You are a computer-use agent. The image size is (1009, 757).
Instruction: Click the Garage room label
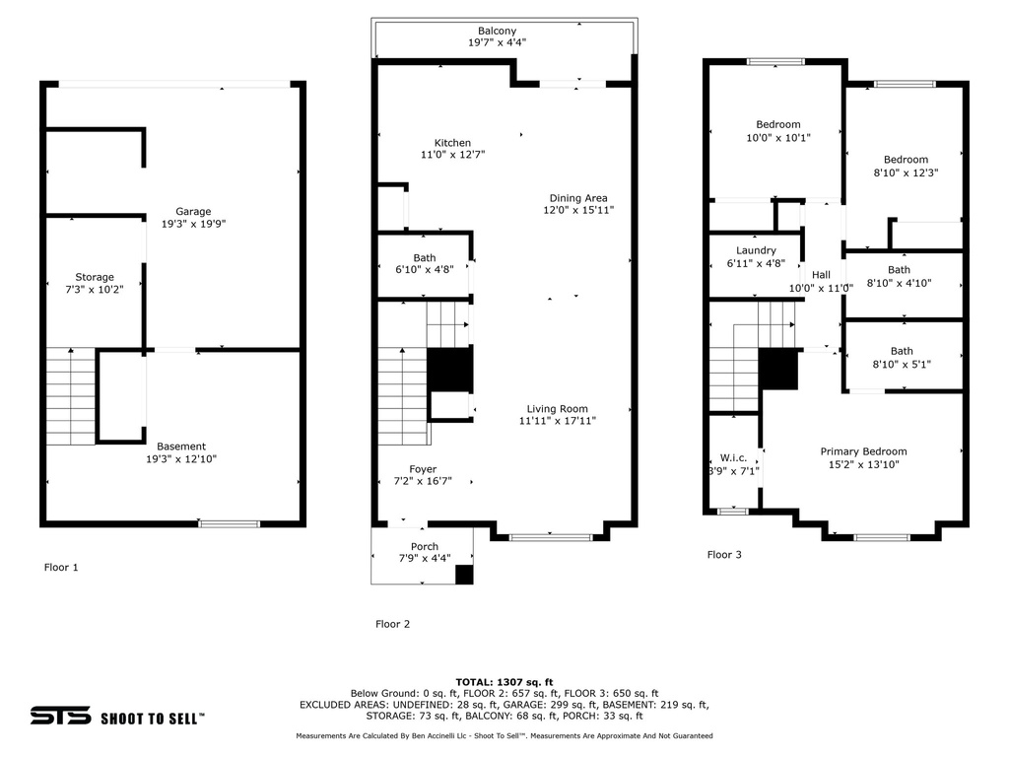[x=193, y=212]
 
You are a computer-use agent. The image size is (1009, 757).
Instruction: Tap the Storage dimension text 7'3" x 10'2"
[x=95, y=290]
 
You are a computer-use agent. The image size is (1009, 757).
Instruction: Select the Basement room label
[x=181, y=447]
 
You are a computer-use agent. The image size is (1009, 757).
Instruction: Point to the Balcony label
[x=497, y=32]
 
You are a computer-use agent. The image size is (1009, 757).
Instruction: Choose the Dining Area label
[x=578, y=198]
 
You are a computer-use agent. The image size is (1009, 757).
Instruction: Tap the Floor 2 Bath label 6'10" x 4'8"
[x=425, y=258]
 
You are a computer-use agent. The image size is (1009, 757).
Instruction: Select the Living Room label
[x=557, y=409]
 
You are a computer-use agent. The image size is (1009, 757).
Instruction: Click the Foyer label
[x=423, y=469]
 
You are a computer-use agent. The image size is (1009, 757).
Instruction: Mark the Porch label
[x=425, y=547]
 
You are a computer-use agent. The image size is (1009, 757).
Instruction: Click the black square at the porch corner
[x=464, y=574]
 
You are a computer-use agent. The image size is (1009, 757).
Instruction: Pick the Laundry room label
[x=756, y=250]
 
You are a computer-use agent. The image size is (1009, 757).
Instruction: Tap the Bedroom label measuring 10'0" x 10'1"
[x=777, y=125]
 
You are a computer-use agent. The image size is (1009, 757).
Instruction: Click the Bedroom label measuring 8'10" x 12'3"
[x=905, y=160]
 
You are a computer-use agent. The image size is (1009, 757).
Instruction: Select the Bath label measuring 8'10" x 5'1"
[x=902, y=351]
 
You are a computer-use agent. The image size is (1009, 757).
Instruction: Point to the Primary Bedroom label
[x=863, y=451]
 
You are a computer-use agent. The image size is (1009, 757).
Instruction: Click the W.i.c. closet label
[x=733, y=457]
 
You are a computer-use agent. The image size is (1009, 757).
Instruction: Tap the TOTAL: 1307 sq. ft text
[x=504, y=682]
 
